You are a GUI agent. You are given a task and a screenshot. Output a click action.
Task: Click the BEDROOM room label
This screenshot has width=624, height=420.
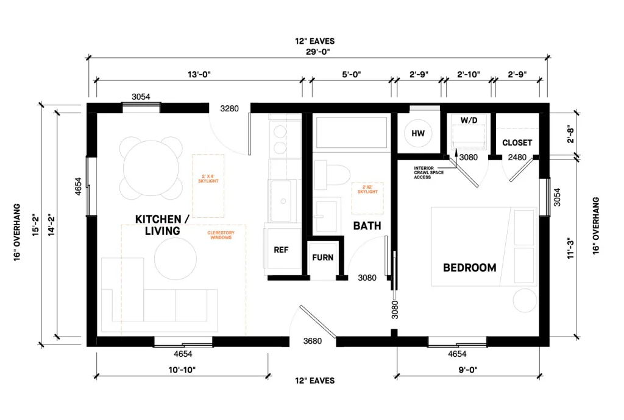469,267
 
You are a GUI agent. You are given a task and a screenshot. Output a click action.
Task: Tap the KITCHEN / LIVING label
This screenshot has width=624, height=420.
158,225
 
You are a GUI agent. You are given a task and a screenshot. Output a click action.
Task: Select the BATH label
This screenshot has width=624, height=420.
367,226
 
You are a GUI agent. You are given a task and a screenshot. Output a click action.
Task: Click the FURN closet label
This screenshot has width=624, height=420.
322,257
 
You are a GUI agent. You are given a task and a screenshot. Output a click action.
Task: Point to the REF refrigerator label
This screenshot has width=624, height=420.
281,250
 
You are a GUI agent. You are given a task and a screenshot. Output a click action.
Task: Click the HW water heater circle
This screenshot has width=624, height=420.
417,133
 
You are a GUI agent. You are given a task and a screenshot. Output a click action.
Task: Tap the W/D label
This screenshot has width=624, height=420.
469,121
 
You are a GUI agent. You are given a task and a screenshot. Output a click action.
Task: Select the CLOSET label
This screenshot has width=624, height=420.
517,143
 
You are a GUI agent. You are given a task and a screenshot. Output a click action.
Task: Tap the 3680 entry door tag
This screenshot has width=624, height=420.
312,341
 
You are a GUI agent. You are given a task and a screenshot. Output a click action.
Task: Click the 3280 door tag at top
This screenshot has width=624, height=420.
229,109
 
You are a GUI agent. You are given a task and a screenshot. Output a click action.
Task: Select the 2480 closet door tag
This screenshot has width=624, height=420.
517,158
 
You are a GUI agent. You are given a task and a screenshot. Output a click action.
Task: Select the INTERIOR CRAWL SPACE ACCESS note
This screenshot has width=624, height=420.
432,172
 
